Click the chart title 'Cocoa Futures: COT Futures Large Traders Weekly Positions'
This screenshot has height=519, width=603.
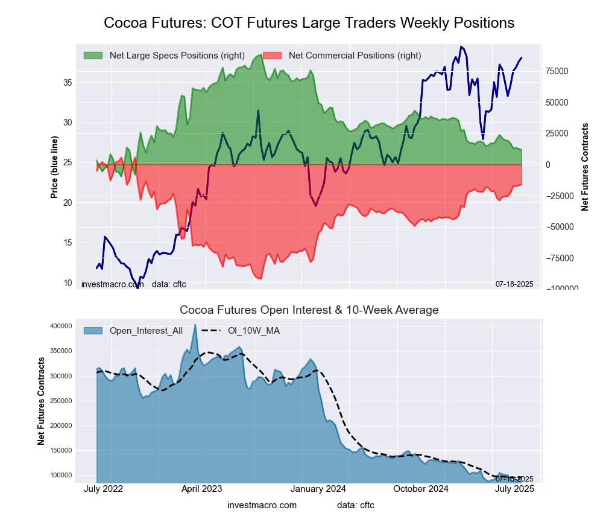(309, 23)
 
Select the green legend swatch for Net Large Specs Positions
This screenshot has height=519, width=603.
(93, 56)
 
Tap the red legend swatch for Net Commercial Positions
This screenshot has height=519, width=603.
(272, 56)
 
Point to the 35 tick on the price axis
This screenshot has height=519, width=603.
(68, 82)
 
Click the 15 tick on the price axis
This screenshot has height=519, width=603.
(68, 243)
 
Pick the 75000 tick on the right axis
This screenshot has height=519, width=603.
(558, 71)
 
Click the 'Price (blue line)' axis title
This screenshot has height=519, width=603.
(55, 168)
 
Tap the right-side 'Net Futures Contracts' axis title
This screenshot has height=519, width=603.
(585, 167)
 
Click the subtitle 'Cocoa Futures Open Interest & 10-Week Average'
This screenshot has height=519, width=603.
(309, 310)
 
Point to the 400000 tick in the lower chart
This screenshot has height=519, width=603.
(75, 326)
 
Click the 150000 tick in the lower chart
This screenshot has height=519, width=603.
(75, 450)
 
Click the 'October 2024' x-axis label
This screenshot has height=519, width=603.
(420, 489)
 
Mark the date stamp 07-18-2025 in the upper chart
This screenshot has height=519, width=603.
(514, 284)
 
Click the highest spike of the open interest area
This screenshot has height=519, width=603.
(195, 325)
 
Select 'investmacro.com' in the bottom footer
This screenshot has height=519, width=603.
(262, 505)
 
